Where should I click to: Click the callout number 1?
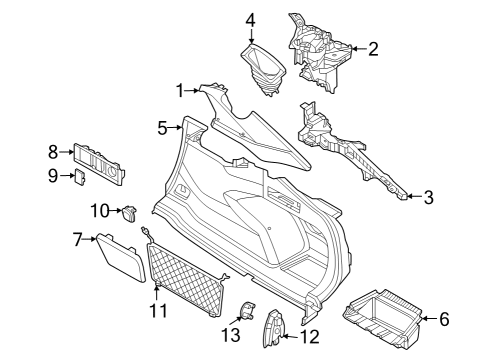coord(181,91)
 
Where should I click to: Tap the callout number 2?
coord(373,47)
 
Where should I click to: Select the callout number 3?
coord(428,198)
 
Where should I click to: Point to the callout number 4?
coord(250,19)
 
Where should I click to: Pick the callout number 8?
coord(53,151)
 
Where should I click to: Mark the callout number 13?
coord(231,333)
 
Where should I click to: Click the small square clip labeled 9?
coord(78,177)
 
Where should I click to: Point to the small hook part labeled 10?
coord(130,211)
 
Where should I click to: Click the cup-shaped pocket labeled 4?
coord(264,67)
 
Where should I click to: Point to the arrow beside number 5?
coord(177,127)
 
